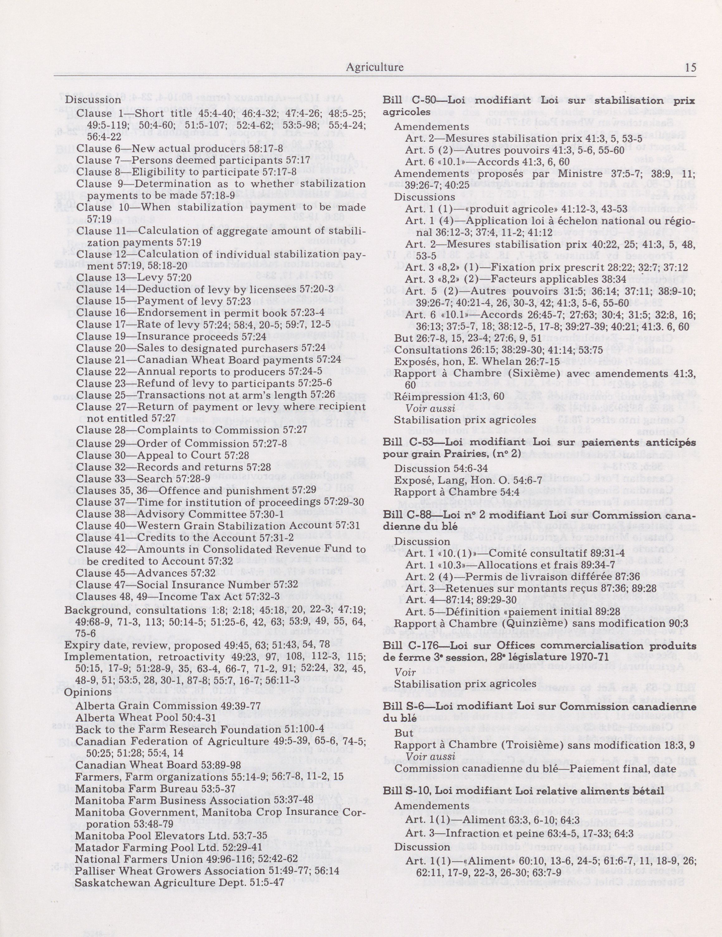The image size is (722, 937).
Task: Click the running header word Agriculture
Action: pyautogui.click(x=374, y=67)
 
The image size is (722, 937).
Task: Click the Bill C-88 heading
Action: pyautogui.click(x=539, y=515)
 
